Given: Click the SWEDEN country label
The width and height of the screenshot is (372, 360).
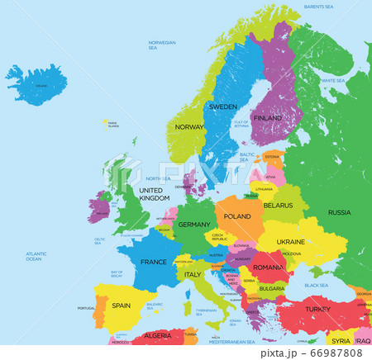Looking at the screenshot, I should pos(222,107).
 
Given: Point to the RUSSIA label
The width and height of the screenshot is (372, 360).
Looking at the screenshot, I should pos(339,212).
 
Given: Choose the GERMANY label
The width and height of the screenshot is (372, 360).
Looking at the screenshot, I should pos(194,225).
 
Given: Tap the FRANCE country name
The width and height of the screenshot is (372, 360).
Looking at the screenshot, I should pos(153,262).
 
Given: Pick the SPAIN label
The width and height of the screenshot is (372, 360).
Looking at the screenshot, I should pos(121,306).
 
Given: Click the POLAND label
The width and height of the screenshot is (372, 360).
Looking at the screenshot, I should pos(237,216).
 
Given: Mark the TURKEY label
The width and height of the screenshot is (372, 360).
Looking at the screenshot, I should pos(317,308).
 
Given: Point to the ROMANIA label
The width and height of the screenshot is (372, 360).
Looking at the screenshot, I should pos(269,268).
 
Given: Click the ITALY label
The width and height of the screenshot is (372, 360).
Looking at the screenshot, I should pos(193,274).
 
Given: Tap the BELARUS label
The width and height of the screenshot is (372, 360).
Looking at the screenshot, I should pos(278,205).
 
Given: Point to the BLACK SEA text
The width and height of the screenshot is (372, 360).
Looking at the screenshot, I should pos(316,285).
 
